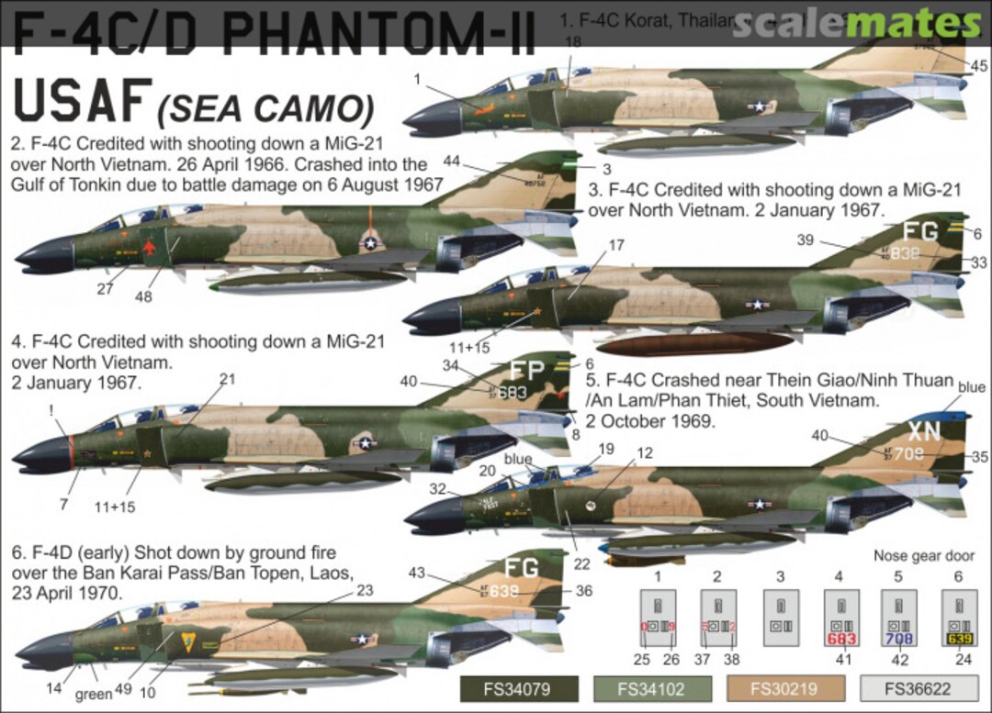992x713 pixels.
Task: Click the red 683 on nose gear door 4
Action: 841,639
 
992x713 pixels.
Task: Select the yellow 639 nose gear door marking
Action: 959,639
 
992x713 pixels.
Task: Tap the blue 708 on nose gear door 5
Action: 900,639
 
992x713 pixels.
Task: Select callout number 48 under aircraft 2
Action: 143,296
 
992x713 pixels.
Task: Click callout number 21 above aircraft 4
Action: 227,378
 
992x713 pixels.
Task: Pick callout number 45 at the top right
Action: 978,65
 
